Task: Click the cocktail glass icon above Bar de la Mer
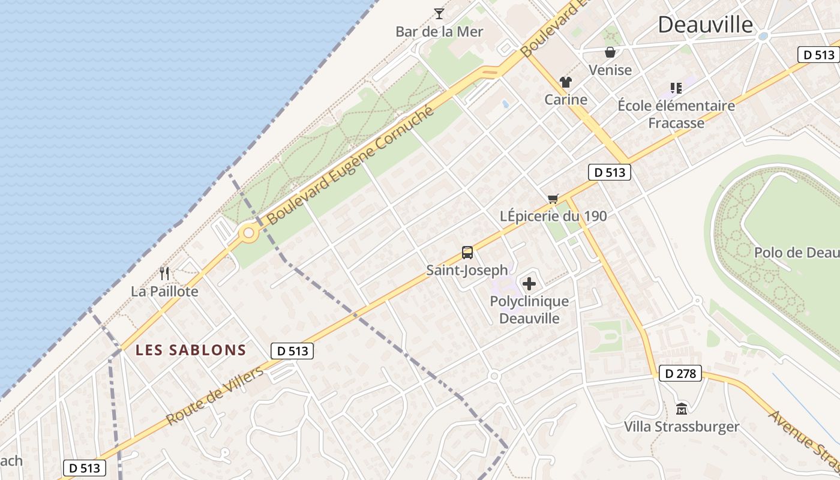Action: (439, 13)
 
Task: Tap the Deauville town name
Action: (705, 25)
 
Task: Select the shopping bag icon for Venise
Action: (610, 53)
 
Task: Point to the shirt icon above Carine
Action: (565, 82)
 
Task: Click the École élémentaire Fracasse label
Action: (676, 114)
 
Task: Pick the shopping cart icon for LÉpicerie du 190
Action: (553, 199)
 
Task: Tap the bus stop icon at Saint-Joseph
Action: (467, 253)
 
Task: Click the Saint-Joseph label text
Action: (467, 270)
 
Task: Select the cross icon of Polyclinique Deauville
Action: (529, 284)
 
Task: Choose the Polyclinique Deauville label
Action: (529, 310)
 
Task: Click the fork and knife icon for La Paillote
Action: (164, 274)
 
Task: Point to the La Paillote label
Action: (164, 292)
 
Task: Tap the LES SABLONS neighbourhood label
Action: (191, 350)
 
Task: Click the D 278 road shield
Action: (680, 373)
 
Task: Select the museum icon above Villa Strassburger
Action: (682, 409)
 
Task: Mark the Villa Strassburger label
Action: (682, 427)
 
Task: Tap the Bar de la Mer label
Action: (439, 31)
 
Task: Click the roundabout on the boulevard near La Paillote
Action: (248, 233)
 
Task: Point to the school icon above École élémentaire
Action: (676, 88)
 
